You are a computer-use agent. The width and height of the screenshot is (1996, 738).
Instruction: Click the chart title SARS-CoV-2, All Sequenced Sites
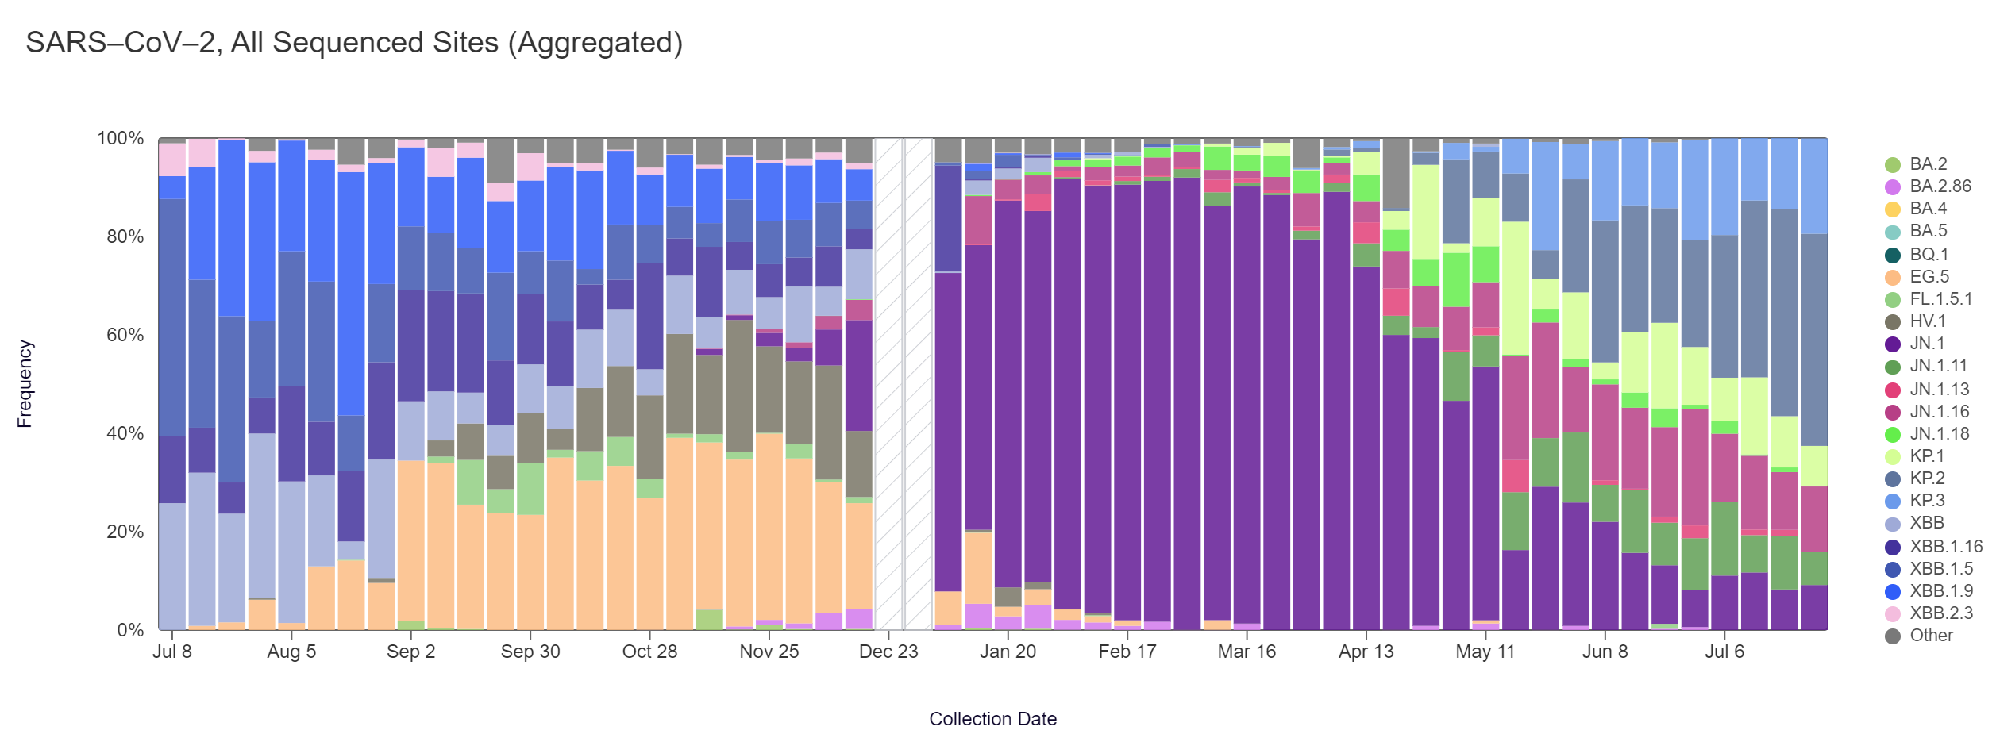coord(354,43)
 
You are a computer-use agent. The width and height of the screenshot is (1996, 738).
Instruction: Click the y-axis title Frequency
coord(25,384)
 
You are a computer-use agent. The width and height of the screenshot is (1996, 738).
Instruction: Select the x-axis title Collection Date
coord(992,719)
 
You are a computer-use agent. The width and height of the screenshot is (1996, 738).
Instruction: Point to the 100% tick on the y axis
coord(121,139)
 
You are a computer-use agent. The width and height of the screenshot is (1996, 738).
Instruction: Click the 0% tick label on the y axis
coord(130,630)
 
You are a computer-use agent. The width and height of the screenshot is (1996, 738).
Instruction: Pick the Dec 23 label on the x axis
coord(888,652)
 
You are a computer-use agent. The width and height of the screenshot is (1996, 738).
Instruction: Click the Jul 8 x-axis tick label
coord(172,652)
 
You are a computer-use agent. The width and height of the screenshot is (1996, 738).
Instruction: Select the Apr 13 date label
coord(1366,652)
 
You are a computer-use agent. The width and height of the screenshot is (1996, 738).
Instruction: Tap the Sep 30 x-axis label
coord(530,652)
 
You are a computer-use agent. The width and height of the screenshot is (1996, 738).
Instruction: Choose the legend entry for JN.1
coord(1927,344)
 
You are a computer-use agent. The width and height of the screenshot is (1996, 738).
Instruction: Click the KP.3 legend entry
coord(1927,501)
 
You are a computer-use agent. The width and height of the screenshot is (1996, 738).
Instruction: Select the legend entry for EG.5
coord(1929,277)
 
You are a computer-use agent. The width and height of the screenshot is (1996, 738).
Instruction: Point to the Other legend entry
coord(1931,636)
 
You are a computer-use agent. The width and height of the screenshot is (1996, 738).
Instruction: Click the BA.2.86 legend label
coord(1940,186)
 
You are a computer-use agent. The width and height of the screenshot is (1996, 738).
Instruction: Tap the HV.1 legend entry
coord(1928,321)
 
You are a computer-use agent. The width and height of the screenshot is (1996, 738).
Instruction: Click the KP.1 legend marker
coord(1893,457)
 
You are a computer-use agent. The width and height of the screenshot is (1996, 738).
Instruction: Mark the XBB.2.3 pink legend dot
coord(1893,614)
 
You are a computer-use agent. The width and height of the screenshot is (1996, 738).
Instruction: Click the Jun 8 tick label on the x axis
coord(1605,652)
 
